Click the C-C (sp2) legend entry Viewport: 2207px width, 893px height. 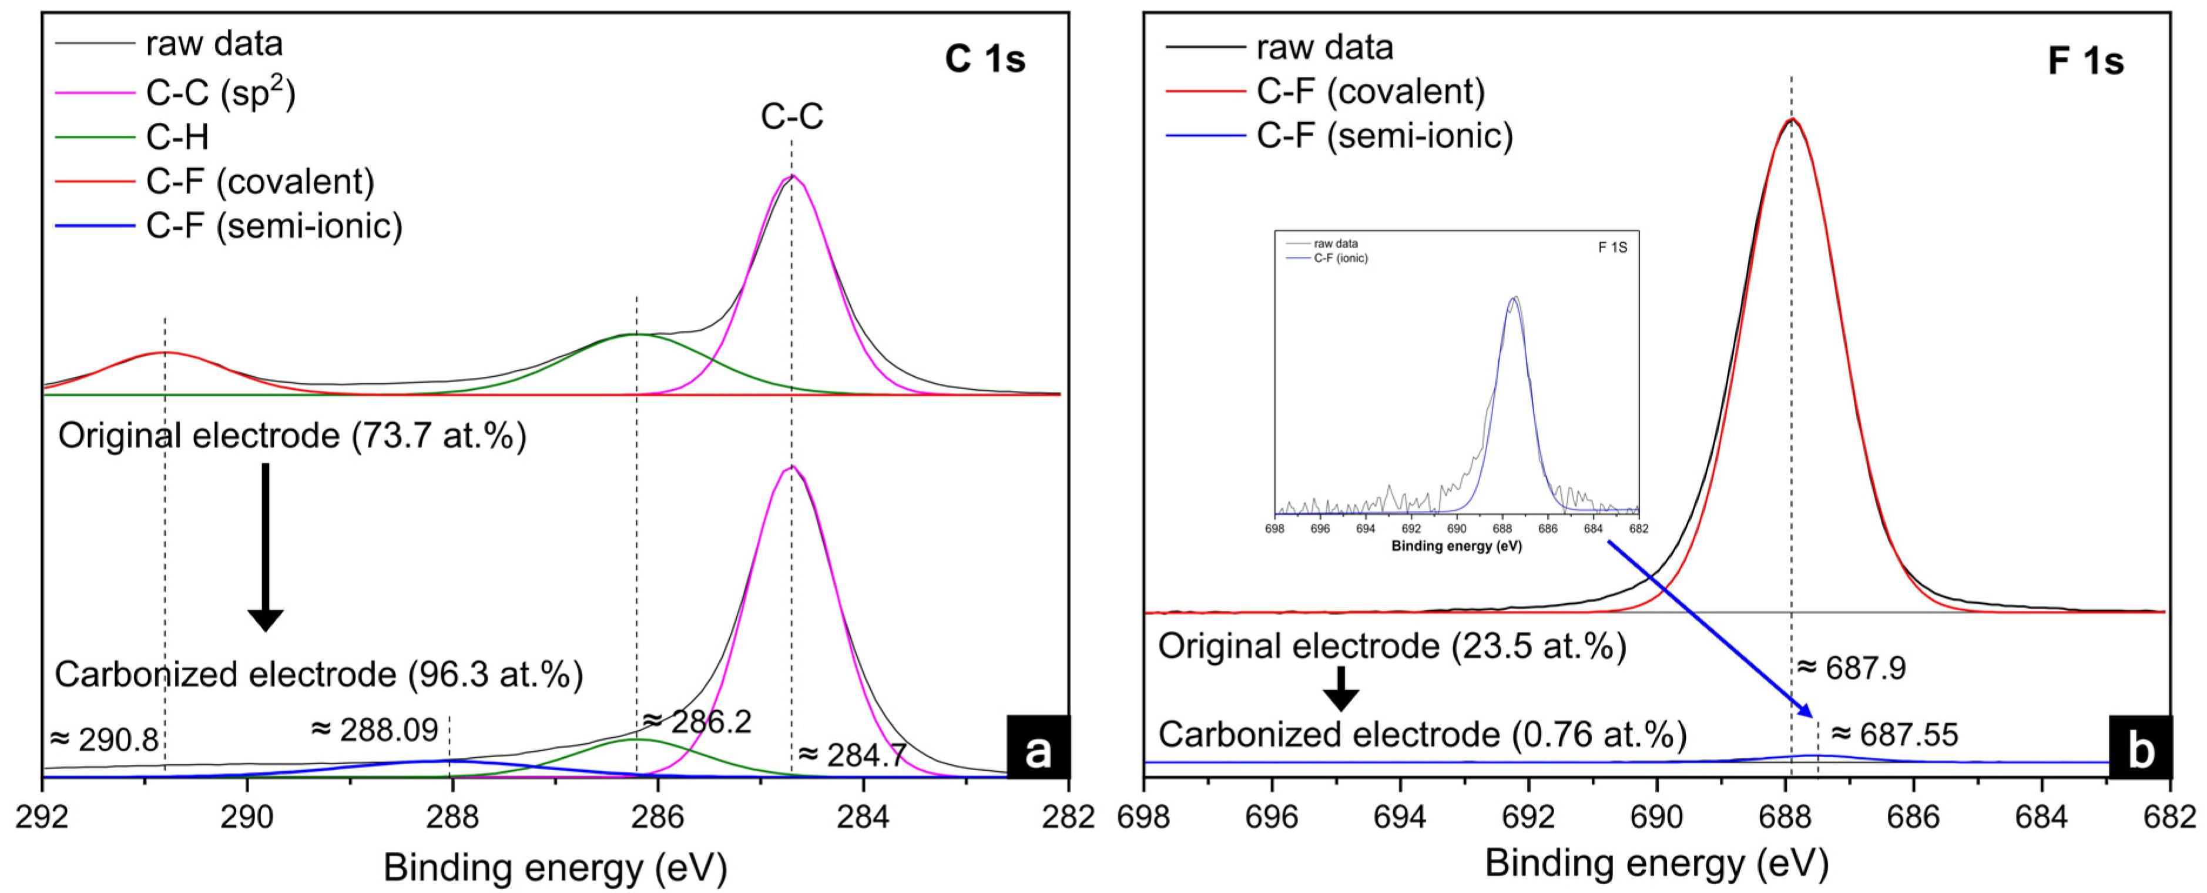pos(220,92)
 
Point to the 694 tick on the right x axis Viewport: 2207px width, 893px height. pos(1399,817)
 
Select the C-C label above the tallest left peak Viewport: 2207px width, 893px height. pos(791,116)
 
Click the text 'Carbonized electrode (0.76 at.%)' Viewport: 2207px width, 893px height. pos(1422,734)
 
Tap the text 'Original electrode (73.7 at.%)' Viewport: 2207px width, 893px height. pos(292,436)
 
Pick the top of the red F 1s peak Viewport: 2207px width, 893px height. pos(1792,120)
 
